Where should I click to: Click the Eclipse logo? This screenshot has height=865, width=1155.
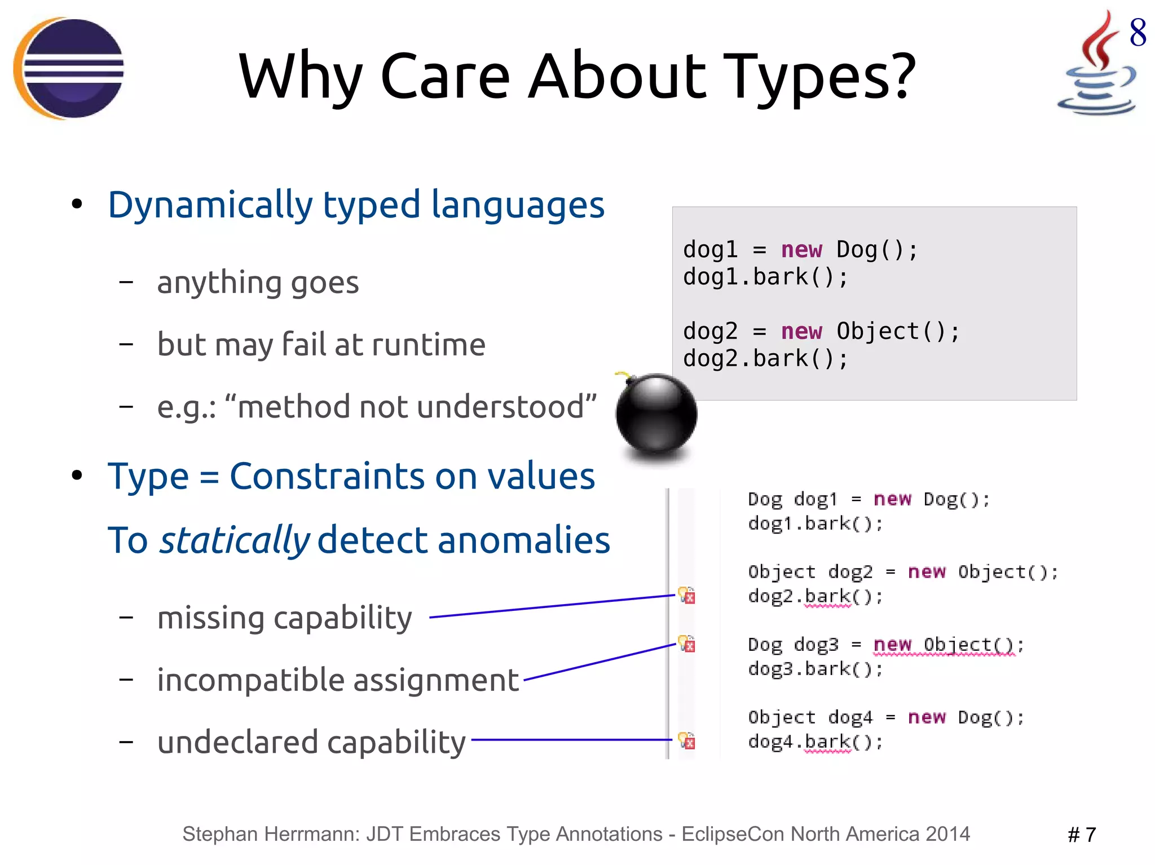coord(69,68)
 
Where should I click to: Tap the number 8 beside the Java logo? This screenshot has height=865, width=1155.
coord(1138,32)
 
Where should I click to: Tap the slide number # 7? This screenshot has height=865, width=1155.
coord(1082,835)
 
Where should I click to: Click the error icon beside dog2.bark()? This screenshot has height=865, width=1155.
coord(687,595)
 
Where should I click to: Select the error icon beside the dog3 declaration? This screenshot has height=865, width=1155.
coord(687,644)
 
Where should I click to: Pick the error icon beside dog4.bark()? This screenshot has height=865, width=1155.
coord(687,740)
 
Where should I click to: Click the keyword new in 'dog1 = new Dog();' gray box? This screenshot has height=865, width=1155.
coord(801,250)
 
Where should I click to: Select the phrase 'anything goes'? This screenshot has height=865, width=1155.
coord(258,282)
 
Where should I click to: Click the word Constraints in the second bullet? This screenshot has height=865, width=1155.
coord(327,476)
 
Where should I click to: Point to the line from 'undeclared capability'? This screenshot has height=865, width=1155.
coord(570,740)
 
